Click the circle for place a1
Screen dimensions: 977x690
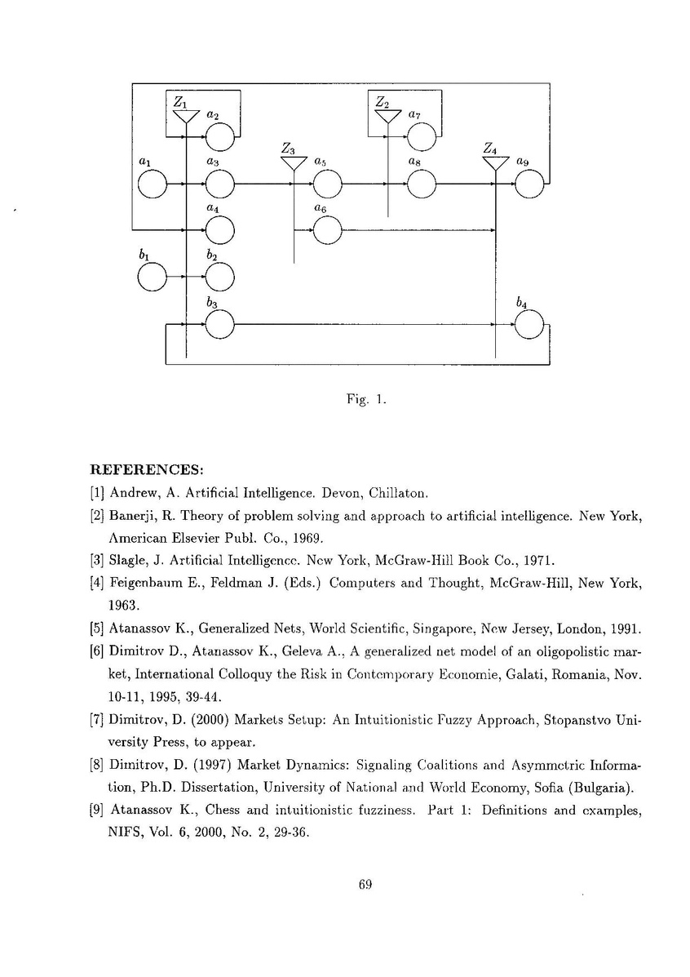pyautogui.click(x=152, y=185)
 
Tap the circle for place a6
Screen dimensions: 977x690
pyautogui.click(x=327, y=232)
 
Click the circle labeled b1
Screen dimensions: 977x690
pyautogui.click(x=152, y=278)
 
